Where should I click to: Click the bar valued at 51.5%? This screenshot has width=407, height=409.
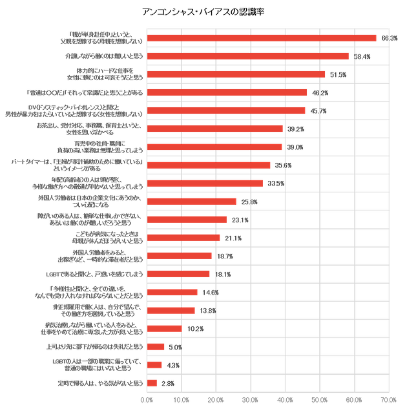(x=236, y=75)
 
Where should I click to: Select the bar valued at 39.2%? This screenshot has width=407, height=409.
(x=215, y=129)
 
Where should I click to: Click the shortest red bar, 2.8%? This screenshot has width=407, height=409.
(x=152, y=383)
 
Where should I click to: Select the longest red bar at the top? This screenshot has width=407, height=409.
(x=262, y=39)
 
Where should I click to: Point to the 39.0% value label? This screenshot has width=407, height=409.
(x=295, y=147)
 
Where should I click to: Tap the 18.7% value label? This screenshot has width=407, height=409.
(x=225, y=257)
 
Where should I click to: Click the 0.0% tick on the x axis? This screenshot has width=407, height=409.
(x=147, y=399)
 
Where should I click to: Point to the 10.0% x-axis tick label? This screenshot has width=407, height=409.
(x=182, y=399)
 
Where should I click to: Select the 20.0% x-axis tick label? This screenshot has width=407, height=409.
(x=216, y=399)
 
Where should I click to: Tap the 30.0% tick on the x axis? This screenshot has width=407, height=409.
(x=250, y=399)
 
